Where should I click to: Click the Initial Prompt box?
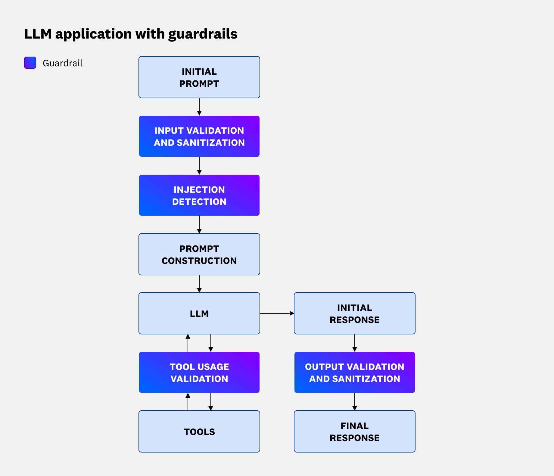click(x=199, y=77)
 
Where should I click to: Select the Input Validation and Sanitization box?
click(x=199, y=136)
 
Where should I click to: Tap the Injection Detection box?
click(x=199, y=195)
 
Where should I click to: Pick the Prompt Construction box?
click(x=199, y=254)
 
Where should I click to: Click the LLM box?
click(x=199, y=313)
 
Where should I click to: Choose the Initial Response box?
click(x=354, y=313)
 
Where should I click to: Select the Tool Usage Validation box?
click(x=199, y=372)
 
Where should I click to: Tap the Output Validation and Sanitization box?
click(x=354, y=372)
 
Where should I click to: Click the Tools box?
click(x=199, y=431)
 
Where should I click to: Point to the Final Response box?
click(x=354, y=431)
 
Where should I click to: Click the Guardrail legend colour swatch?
click(x=30, y=63)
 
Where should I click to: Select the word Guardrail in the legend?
click(x=63, y=63)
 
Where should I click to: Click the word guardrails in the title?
click(x=203, y=34)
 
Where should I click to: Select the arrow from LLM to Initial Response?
click(x=277, y=313)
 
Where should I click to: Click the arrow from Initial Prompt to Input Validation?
click(x=199, y=107)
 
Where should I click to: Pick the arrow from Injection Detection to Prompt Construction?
click(x=199, y=224)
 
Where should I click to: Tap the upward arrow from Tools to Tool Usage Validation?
click(x=188, y=402)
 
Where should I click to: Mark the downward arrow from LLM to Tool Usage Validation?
click(x=211, y=343)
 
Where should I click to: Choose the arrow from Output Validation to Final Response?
click(x=354, y=402)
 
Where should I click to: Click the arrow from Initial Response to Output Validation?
click(x=354, y=343)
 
